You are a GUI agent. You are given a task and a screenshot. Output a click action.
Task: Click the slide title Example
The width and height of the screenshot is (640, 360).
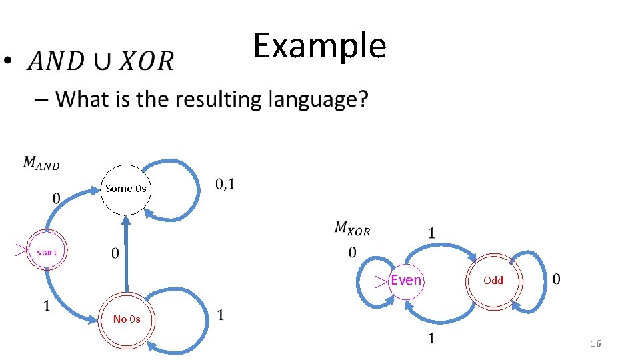click(x=319, y=45)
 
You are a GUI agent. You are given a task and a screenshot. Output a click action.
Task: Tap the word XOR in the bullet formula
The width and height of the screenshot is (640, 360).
click(x=147, y=62)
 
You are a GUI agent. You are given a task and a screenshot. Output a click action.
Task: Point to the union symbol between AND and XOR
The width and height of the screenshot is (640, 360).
click(x=103, y=62)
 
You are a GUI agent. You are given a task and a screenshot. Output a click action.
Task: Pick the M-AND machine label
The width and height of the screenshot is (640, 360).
click(x=41, y=163)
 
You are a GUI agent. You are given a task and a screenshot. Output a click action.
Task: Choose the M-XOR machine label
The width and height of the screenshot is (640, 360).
click(x=352, y=229)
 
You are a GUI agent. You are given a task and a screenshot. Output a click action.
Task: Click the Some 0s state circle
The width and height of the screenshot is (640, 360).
click(x=125, y=189)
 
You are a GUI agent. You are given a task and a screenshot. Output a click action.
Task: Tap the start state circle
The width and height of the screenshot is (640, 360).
click(x=47, y=252)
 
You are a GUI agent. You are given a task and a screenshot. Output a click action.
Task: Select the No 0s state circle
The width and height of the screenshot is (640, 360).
click(x=126, y=319)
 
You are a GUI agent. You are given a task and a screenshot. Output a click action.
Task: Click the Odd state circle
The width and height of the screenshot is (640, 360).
click(x=493, y=281)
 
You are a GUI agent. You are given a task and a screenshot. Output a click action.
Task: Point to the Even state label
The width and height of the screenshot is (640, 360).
click(x=406, y=280)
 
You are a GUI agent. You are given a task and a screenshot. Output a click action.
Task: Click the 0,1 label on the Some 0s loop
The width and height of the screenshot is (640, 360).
click(x=225, y=184)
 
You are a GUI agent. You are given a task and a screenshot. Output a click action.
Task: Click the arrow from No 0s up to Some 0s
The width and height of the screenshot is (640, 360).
click(x=126, y=253)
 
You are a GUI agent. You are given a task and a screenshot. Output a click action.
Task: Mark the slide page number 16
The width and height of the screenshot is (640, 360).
click(x=595, y=343)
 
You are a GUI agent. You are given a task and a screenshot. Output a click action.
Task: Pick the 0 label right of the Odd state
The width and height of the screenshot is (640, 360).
click(x=557, y=279)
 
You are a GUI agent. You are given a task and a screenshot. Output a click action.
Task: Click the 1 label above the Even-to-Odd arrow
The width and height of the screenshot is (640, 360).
click(x=431, y=233)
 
